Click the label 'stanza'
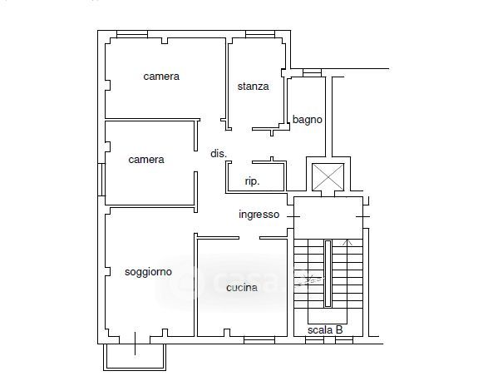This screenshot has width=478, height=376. tap(253, 87)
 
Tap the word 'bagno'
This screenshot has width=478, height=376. tap(308, 120)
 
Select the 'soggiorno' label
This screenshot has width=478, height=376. tap(148, 272)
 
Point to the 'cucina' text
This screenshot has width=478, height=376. tap(242, 288)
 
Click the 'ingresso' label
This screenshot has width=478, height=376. tap(259, 215)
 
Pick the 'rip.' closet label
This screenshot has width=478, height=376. tap(252, 181)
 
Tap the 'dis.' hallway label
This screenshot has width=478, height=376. tap(219, 153)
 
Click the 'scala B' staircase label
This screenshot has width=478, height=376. tap(325, 329)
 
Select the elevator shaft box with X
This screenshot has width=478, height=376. tap(328, 177)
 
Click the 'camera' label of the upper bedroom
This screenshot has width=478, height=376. tap(161, 77)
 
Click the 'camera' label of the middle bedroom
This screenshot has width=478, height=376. tap(146, 160)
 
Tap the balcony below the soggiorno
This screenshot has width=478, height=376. tap(135, 357)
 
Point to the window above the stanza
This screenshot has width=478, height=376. tap(260, 34)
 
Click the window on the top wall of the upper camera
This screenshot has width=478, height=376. tap(132, 34)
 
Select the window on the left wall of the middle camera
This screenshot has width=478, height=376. tap(101, 180)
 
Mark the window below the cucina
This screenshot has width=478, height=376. tap(259, 340)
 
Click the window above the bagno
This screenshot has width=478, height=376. tap(312, 73)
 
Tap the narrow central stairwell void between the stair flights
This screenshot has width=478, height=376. tap(328, 274)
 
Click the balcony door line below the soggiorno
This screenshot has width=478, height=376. tap(135, 344)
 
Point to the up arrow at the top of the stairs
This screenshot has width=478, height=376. tap(347, 242)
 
